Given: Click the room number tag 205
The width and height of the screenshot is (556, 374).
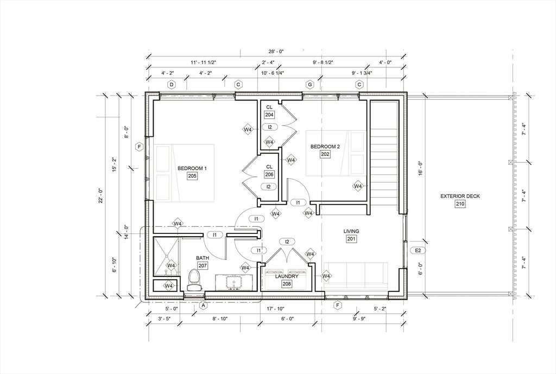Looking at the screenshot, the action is click(192, 176).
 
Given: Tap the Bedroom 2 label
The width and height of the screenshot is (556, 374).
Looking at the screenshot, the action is click(325, 147).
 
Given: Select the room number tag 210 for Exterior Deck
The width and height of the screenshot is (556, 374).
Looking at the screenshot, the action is click(460, 204).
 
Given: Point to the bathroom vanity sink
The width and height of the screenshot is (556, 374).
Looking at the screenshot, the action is click(234, 283).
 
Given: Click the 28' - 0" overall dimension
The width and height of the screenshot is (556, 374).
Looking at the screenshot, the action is click(276, 52).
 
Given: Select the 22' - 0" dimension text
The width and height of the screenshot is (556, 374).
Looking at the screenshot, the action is click(101, 195).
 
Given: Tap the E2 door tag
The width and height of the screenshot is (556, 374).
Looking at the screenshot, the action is click(418, 251).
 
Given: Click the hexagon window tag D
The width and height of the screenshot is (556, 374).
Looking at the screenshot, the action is click(172, 85).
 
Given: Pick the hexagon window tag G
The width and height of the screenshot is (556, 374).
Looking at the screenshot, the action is click(310, 85).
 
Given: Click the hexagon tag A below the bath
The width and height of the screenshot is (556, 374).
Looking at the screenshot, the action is click(204, 305).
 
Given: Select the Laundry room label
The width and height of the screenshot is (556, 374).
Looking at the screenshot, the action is click(287, 276).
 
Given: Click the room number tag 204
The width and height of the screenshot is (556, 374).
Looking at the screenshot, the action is click(269, 115).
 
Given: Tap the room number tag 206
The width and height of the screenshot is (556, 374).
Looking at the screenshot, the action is click(269, 174).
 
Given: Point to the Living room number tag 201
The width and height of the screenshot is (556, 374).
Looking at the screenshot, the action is click(351, 239).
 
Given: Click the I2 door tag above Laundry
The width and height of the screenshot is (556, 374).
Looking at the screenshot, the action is click(287, 242).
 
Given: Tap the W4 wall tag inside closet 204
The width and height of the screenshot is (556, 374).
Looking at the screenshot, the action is click(269, 142).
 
